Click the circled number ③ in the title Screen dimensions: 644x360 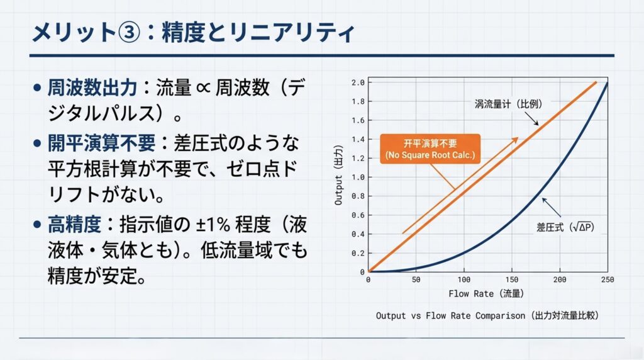[x=130, y=31]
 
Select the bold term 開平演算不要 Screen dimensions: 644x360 [x=101, y=143]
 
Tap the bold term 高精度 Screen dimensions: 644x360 [x=74, y=225]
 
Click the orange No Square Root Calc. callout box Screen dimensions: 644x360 [x=430, y=149]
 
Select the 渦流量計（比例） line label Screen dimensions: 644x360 [x=508, y=104]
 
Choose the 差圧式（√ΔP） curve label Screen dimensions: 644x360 [x=565, y=227]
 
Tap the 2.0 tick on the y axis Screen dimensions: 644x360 [x=358, y=82]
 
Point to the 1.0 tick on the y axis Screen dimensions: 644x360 [x=358, y=177]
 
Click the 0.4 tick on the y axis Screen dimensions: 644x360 [x=358, y=234]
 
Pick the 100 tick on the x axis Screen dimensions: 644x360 [x=464, y=280]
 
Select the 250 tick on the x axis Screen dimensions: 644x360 [x=608, y=280]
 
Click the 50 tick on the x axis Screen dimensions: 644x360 [x=416, y=280]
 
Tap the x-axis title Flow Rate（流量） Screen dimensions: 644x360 [x=486, y=294]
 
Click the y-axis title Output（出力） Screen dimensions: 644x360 [x=338, y=175]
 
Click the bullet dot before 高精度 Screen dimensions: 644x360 [x=37, y=225]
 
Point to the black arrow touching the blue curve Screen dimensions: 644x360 [x=551, y=207]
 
